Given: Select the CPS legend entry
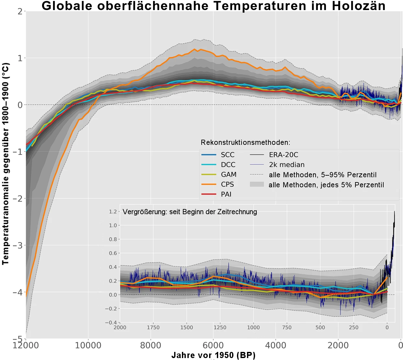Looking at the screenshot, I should pyautogui.click(x=227, y=184).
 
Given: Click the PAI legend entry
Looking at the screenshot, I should pyautogui.click(x=226, y=194).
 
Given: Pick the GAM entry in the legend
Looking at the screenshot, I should pyautogui.click(x=229, y=175).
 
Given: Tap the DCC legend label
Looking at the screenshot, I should pyautogui.click(x=228, y=165).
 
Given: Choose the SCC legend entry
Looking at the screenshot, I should pyautogui.click(x=228, y=155).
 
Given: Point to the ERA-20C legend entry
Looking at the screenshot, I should pyautogui.click(x=284, y=155).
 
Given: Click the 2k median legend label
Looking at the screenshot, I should pyautogui.click(x=286, y=165).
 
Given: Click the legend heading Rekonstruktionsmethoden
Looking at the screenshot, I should pyautogui.click(x=245, y=143).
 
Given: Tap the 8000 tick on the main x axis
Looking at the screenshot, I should pyautogui.click(x=151, y=345).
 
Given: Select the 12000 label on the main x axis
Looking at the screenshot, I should pyautogui.click(x=26, y=345).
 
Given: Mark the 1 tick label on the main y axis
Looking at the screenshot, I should pyautogui.click(x=20, y=58).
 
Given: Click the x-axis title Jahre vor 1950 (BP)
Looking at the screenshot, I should pyautogui.click(x=213, y=355).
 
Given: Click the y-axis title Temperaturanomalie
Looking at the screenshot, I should pyautogui.click(x=6, y=164).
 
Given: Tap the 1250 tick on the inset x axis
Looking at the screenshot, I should pyautogui.click(x=220, y=327).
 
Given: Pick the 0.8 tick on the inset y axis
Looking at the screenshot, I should pyautogui.click(x=113, y=239).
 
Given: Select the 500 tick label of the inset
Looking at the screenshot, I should pyautogui.click(x=320, y=327).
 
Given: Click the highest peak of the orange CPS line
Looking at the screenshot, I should pyautogui.click(x=195, y=49).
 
